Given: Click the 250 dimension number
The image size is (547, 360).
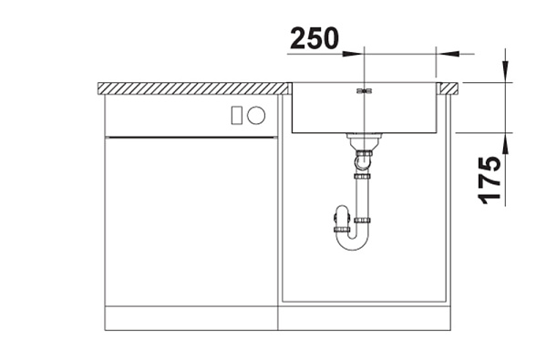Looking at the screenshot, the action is coord(315,38).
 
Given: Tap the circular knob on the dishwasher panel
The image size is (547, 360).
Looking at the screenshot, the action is coord(256,115).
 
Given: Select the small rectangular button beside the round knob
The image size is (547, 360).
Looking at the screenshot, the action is coord(236,115).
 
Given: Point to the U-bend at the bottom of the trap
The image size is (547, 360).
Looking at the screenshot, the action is coord(352,242).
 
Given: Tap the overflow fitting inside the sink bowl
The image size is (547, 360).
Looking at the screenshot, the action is coord(364,91).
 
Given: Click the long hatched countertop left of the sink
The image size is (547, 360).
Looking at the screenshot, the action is coord(192,88).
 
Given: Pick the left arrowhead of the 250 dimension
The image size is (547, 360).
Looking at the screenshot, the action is coord(353,54).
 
